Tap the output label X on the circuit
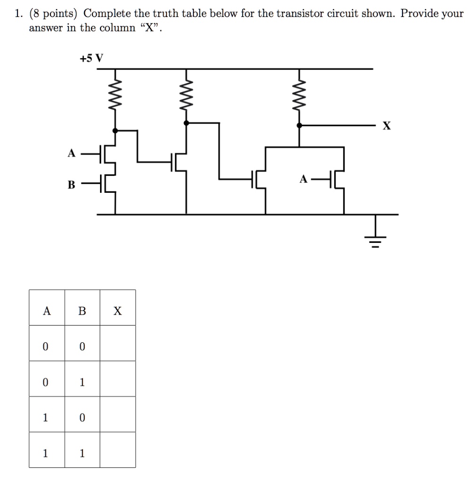coord(387,126)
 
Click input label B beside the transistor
coord(71,185)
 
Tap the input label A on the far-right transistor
coord(304,179)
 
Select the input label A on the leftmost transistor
coord(71,153)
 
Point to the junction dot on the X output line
coord(299,126)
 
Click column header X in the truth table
coord(117,311)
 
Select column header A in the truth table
coord(46,311)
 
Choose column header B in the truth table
coord(82,311)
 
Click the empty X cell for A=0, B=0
coord(117,346)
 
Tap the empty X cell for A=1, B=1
coord(117,453)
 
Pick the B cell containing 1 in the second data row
coord(82,382)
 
